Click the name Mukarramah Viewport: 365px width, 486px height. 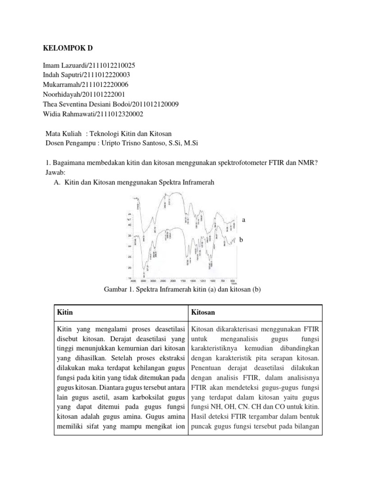coord(62,84)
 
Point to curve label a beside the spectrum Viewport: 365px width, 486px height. coord(244,220)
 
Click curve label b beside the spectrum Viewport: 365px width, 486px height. coord(241,241)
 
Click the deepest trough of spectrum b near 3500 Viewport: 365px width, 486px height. coord(144,274)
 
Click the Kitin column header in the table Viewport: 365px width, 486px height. coord(66,313)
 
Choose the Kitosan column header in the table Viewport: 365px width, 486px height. coord(203,313)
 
